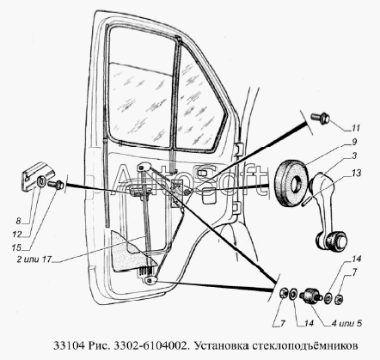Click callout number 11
pos(356,128)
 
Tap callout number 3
pos(354,156)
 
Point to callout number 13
pos(357,174)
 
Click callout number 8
pos(19,221)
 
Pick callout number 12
pos(17,235)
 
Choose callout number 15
pos(16,247)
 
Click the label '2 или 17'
pos(34,259)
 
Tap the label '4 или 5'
pos(346,324)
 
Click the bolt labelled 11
pos(321,118)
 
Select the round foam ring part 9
pos(291,184)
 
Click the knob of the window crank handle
pos(332,241)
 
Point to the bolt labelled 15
pos(56,184)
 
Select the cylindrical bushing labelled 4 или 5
pos(310,296)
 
